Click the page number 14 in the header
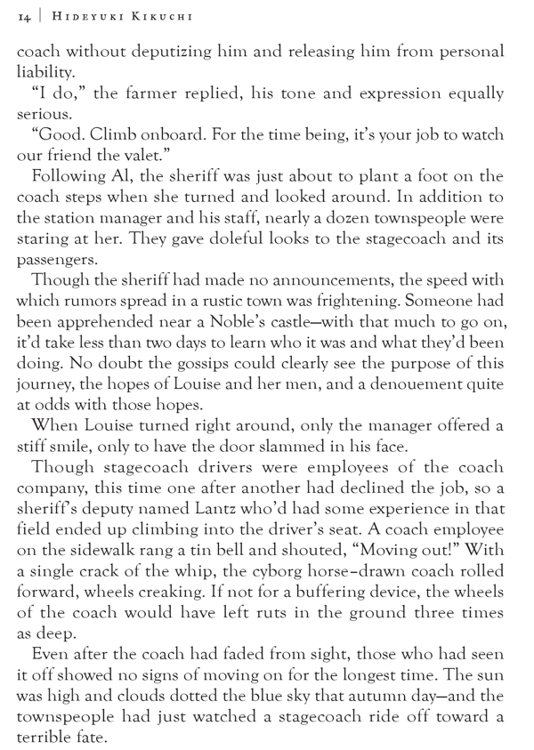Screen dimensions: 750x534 point(23,15)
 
